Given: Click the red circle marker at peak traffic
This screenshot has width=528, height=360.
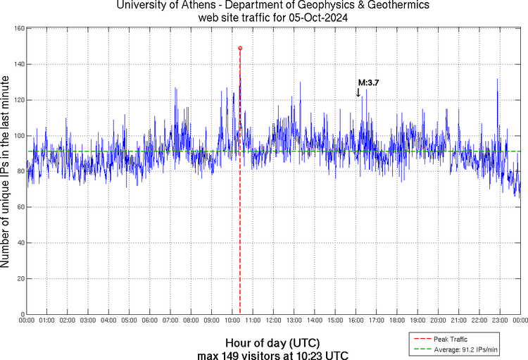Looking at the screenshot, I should coord(240,48).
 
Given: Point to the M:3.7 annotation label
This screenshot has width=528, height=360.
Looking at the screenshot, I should coord(369,83).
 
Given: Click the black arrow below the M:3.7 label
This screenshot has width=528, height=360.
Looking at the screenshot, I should coord(358,92).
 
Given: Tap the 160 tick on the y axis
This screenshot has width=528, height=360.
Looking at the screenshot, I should coord(20,28).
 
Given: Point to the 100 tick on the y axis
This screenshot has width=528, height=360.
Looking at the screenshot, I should coord(20,136).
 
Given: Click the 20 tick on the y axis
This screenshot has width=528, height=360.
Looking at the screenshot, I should coord(21,279).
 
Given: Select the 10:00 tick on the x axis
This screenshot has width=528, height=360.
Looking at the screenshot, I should coord(232,320).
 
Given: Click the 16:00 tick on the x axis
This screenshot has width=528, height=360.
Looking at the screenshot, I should coord(356,320).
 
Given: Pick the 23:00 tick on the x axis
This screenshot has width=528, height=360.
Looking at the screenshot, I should coord(500,320).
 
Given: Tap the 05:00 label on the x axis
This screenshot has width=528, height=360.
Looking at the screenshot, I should coord(130,320).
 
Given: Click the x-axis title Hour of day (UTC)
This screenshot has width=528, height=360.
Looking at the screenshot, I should coord(272,342).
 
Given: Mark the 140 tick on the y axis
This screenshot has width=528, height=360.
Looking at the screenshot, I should coord(20,64).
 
